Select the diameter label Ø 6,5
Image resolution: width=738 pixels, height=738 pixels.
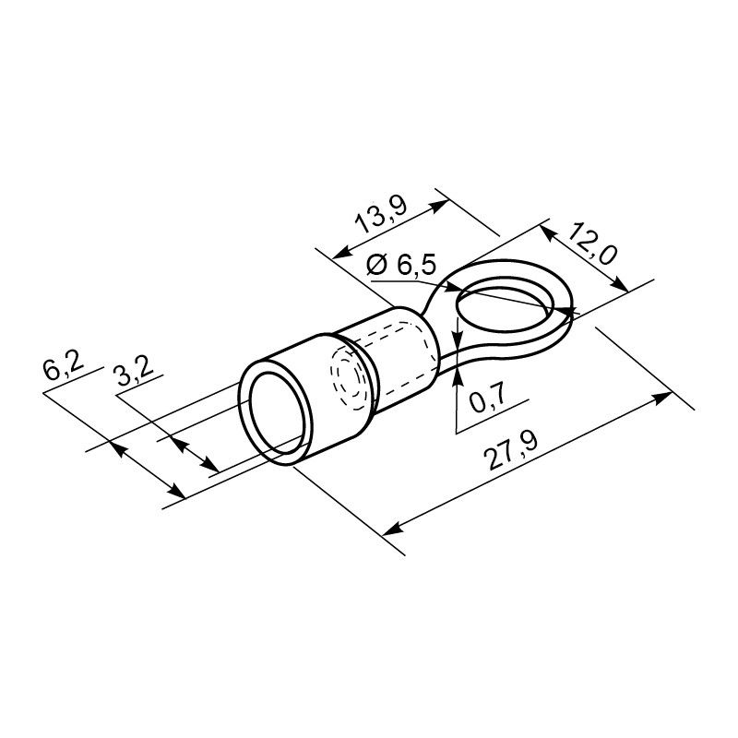[401, 265]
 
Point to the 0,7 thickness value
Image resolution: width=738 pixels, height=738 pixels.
[488, 396]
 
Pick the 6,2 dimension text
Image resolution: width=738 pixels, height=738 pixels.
[63, 367]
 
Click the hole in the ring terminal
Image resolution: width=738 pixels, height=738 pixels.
[505, 308]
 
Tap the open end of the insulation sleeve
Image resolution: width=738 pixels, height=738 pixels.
[276, 413]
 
